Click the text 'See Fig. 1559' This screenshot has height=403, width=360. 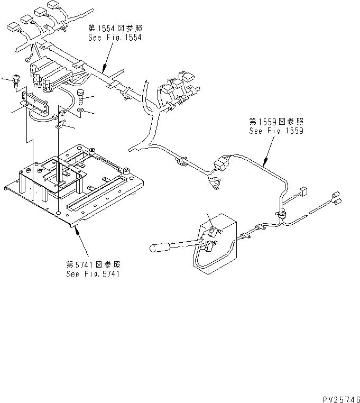(x=276, y=131)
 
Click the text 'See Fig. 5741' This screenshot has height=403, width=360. (x=93, y=274)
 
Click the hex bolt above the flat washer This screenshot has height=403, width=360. (x=81, y=97)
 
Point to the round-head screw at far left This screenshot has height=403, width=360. (x=16, y=80)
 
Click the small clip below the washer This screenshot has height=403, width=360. (x=60, y=125)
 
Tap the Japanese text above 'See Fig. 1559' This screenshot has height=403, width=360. (x=276, y=121)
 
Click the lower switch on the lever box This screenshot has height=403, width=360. (x=211, y=244)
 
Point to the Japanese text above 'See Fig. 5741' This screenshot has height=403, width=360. (x=93, y=264)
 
